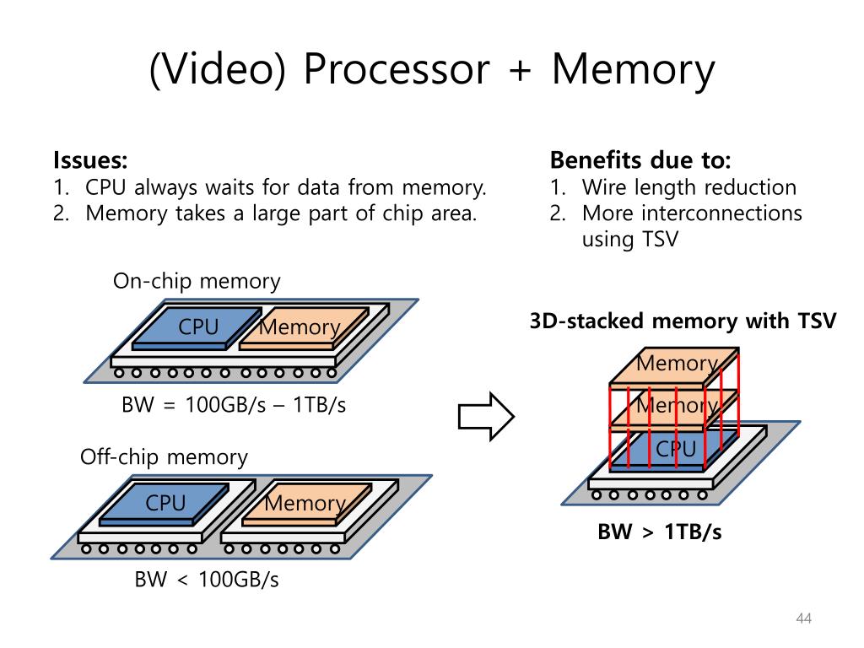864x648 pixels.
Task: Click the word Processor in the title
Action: pyautogui.click(x=396, y=70)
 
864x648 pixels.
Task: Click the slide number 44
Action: pyautogui.click(x=803, y=620)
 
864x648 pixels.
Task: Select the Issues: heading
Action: pyautogui.click(x=90, y=160)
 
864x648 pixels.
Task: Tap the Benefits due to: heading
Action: pyautogui.click(x=640, y=160)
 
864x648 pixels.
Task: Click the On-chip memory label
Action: pyautogui.click(x=197, y=281)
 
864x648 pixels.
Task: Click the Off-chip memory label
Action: pyautogui.click(x=164, y=457)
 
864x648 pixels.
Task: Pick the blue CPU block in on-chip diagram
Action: pyautogui.click(x=197, y=327)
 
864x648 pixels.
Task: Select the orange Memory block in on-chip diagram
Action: pyautogui.click(x=300, y=328)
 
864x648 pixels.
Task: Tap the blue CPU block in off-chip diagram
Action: pyautogui.click(x=165, y=504)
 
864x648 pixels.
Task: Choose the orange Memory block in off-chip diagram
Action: pyautogui.click(x=305, y=505)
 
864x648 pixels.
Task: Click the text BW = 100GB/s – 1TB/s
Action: pyautogui.click(x=234, y=405)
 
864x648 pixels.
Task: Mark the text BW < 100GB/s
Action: pyautogui.click(x=207, y=580)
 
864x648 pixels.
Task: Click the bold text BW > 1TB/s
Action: pyautogui.click(x=660, y=532)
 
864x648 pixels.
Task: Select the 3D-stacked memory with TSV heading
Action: pyautogui.click(x=683, y=321)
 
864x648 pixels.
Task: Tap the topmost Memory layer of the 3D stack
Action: pyautogui.click(x=677, y=364)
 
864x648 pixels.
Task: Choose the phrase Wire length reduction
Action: pyautogui.click(x=688, y=187)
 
